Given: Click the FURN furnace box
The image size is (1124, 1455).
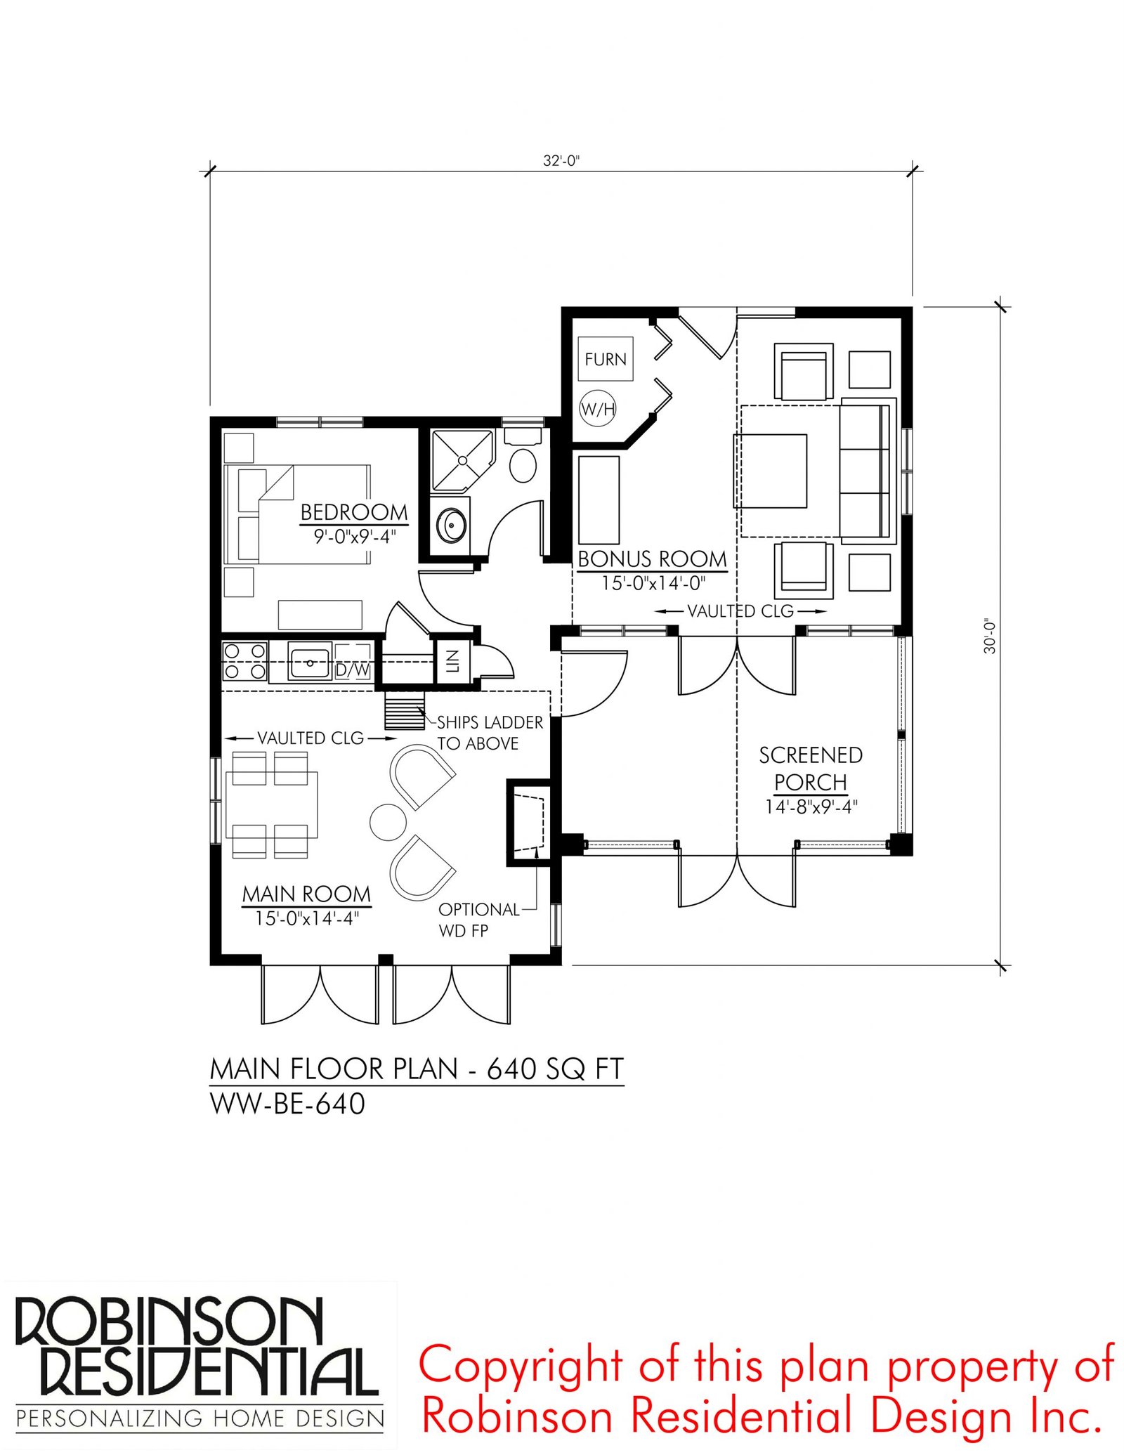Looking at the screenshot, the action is (605, 359).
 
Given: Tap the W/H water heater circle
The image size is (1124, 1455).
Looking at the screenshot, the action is (598, 408).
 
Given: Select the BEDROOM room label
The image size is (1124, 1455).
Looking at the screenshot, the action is (354, 512).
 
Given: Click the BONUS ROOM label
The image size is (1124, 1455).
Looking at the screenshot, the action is (652, 559).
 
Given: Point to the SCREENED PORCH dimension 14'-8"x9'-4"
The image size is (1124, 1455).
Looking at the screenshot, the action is (811, 807).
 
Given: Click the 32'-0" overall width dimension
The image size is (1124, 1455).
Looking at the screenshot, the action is (561, 160).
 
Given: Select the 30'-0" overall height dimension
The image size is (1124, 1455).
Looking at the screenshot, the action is (990, 637).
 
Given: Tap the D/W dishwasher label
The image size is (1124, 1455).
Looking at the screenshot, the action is (353, 670).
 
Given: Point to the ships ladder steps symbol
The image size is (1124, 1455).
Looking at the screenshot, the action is (405, 711).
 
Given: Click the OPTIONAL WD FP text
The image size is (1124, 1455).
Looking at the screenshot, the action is (479, 920).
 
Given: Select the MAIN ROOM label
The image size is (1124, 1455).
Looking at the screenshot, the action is (306, 894).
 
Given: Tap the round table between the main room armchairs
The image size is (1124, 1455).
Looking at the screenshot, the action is (388, 821).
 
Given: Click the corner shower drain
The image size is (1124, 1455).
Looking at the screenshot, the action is (462, 460).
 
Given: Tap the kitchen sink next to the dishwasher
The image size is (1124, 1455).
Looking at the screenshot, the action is (309, 663).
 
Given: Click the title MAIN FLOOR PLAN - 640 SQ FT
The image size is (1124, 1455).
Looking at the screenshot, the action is (417, 1069).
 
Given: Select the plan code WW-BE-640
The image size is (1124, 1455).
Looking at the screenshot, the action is (287, 1104).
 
